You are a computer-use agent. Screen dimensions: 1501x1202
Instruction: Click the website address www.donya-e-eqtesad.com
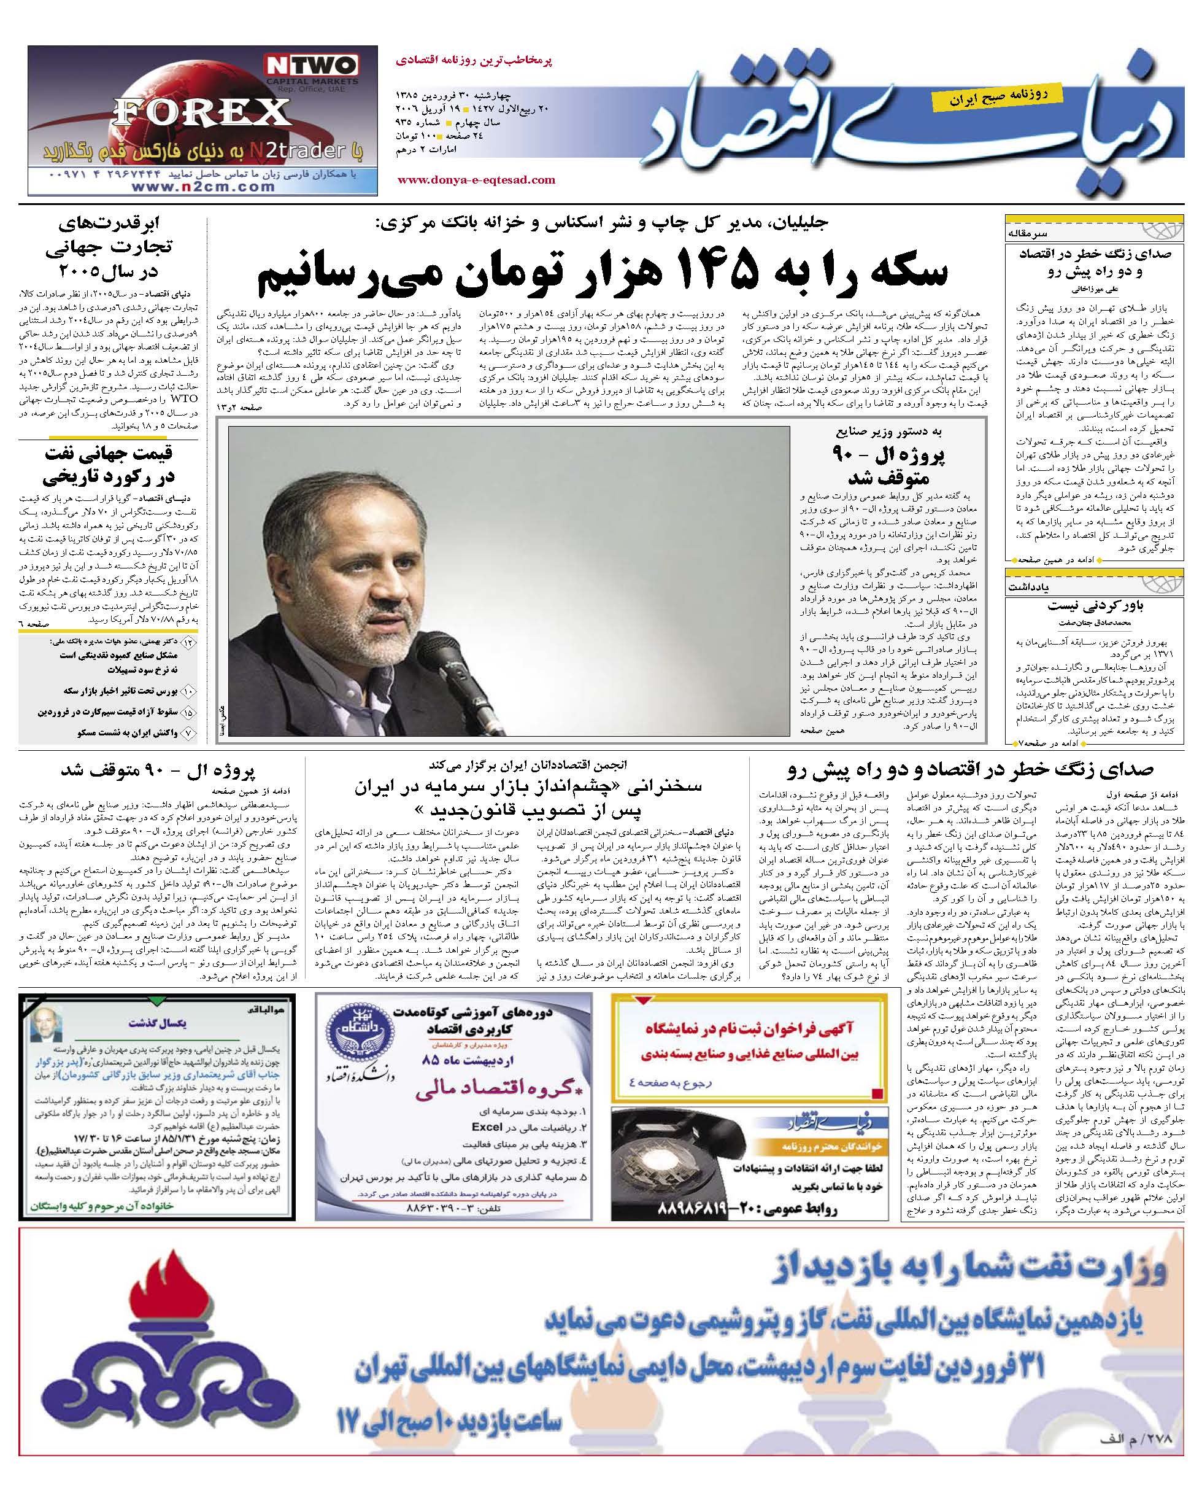click(476, 180)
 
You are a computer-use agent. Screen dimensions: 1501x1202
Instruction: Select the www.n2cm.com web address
click(202, 187)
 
